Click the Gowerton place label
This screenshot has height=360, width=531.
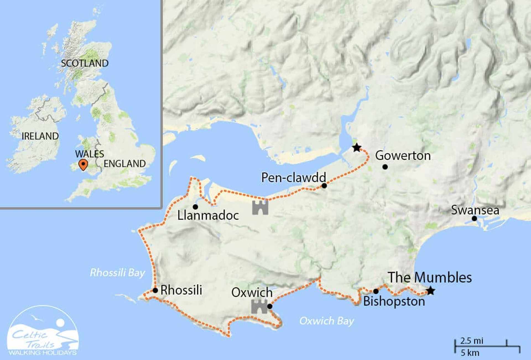[x=403, y=156]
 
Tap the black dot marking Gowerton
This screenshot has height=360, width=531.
[x=385, y=167]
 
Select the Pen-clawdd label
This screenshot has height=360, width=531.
[x=293, y=178]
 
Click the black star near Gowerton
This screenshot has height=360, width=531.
[x=357, y=148]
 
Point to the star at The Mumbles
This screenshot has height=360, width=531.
[x=431, y=291]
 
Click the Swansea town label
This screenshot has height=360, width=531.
[x=475, y=210]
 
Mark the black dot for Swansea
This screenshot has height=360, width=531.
[x=474, y=218]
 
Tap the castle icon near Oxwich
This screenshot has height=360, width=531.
[x=259, y=306]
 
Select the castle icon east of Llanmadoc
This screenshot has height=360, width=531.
[x=260, y=208]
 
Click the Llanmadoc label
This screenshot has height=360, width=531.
[x=208, y=215]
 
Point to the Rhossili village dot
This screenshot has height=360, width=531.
[x=155, y=290]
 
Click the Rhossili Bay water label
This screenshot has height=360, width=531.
[x=118, y=273]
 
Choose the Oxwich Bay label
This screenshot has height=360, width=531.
[x=327, y=321]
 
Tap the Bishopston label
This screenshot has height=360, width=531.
[x=394, y=301]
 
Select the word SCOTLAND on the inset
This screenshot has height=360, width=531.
[x=85, y=63]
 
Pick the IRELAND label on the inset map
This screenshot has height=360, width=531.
[x=40, y=136]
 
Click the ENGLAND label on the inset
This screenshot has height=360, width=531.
[x=124, y=164]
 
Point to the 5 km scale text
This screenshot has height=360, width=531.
[x=470, y=353]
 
